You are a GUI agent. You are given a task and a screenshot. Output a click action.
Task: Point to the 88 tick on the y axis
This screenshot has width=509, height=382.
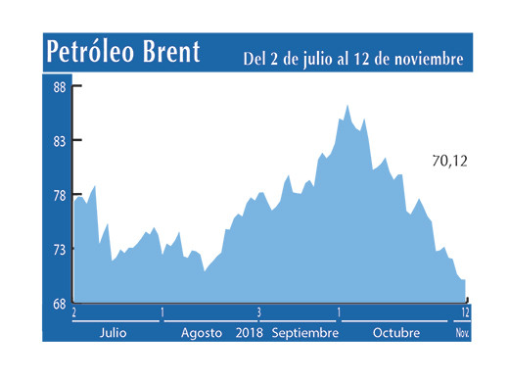coord(59,87)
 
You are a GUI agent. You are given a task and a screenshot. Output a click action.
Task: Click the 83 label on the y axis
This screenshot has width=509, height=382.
coord(59,141)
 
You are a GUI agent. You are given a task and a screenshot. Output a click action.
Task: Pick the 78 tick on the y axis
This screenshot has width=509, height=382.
coord(59,195)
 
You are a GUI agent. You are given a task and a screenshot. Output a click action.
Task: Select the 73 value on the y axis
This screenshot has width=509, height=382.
coord(59,249)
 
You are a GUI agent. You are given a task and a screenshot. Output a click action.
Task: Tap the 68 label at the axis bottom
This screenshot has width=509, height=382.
coord(59,303)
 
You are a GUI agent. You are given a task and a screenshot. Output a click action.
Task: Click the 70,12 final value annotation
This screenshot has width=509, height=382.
coord(449,160)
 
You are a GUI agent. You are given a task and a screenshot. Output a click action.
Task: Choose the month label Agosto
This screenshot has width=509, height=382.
coord(202,333)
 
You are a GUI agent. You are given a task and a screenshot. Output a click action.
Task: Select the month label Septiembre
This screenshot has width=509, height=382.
coord(305,333)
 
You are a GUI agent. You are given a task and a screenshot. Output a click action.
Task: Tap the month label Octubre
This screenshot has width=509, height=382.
coord(396,333)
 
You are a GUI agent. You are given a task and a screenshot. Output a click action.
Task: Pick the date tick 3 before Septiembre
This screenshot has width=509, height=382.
coord(259,312)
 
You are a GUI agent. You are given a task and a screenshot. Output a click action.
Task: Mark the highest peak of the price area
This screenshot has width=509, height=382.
coord(348,105)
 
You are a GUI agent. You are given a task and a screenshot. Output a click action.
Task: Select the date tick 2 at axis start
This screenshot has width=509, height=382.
coord(73,312)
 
